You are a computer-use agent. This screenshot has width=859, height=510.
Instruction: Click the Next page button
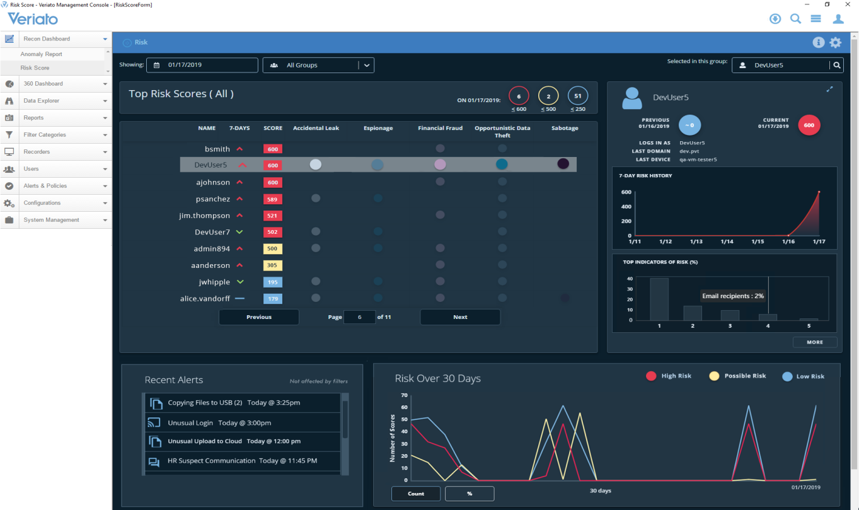coord(460,317)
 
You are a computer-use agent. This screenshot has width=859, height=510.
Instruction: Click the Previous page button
coord(258,317)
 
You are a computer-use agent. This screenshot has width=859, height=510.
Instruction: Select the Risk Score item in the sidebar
coord(35,68)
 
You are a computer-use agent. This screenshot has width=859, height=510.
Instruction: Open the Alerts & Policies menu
coord(45,186)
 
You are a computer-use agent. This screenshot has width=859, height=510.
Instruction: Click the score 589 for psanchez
coord(273,199)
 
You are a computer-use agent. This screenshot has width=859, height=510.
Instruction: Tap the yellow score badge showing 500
coord(273,249)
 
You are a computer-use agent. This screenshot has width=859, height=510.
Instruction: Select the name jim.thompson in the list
coord(204,216)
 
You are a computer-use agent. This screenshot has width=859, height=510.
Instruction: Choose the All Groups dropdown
coord(318,65)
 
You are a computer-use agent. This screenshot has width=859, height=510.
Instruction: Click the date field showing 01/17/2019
coord(202,65)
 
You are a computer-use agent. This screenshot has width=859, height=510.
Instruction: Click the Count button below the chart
coord(416,494)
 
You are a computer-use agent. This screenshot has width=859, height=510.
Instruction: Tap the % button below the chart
coord(470,494)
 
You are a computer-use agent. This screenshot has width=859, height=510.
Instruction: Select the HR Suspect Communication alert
coord(242,461)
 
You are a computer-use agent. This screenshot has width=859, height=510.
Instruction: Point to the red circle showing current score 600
coord(809,125)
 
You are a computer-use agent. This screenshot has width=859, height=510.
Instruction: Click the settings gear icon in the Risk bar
coord(835,43)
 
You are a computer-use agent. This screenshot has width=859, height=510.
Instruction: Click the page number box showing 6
coord(359,317)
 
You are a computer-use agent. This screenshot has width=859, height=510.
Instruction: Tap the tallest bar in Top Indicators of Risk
coord(659,299)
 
